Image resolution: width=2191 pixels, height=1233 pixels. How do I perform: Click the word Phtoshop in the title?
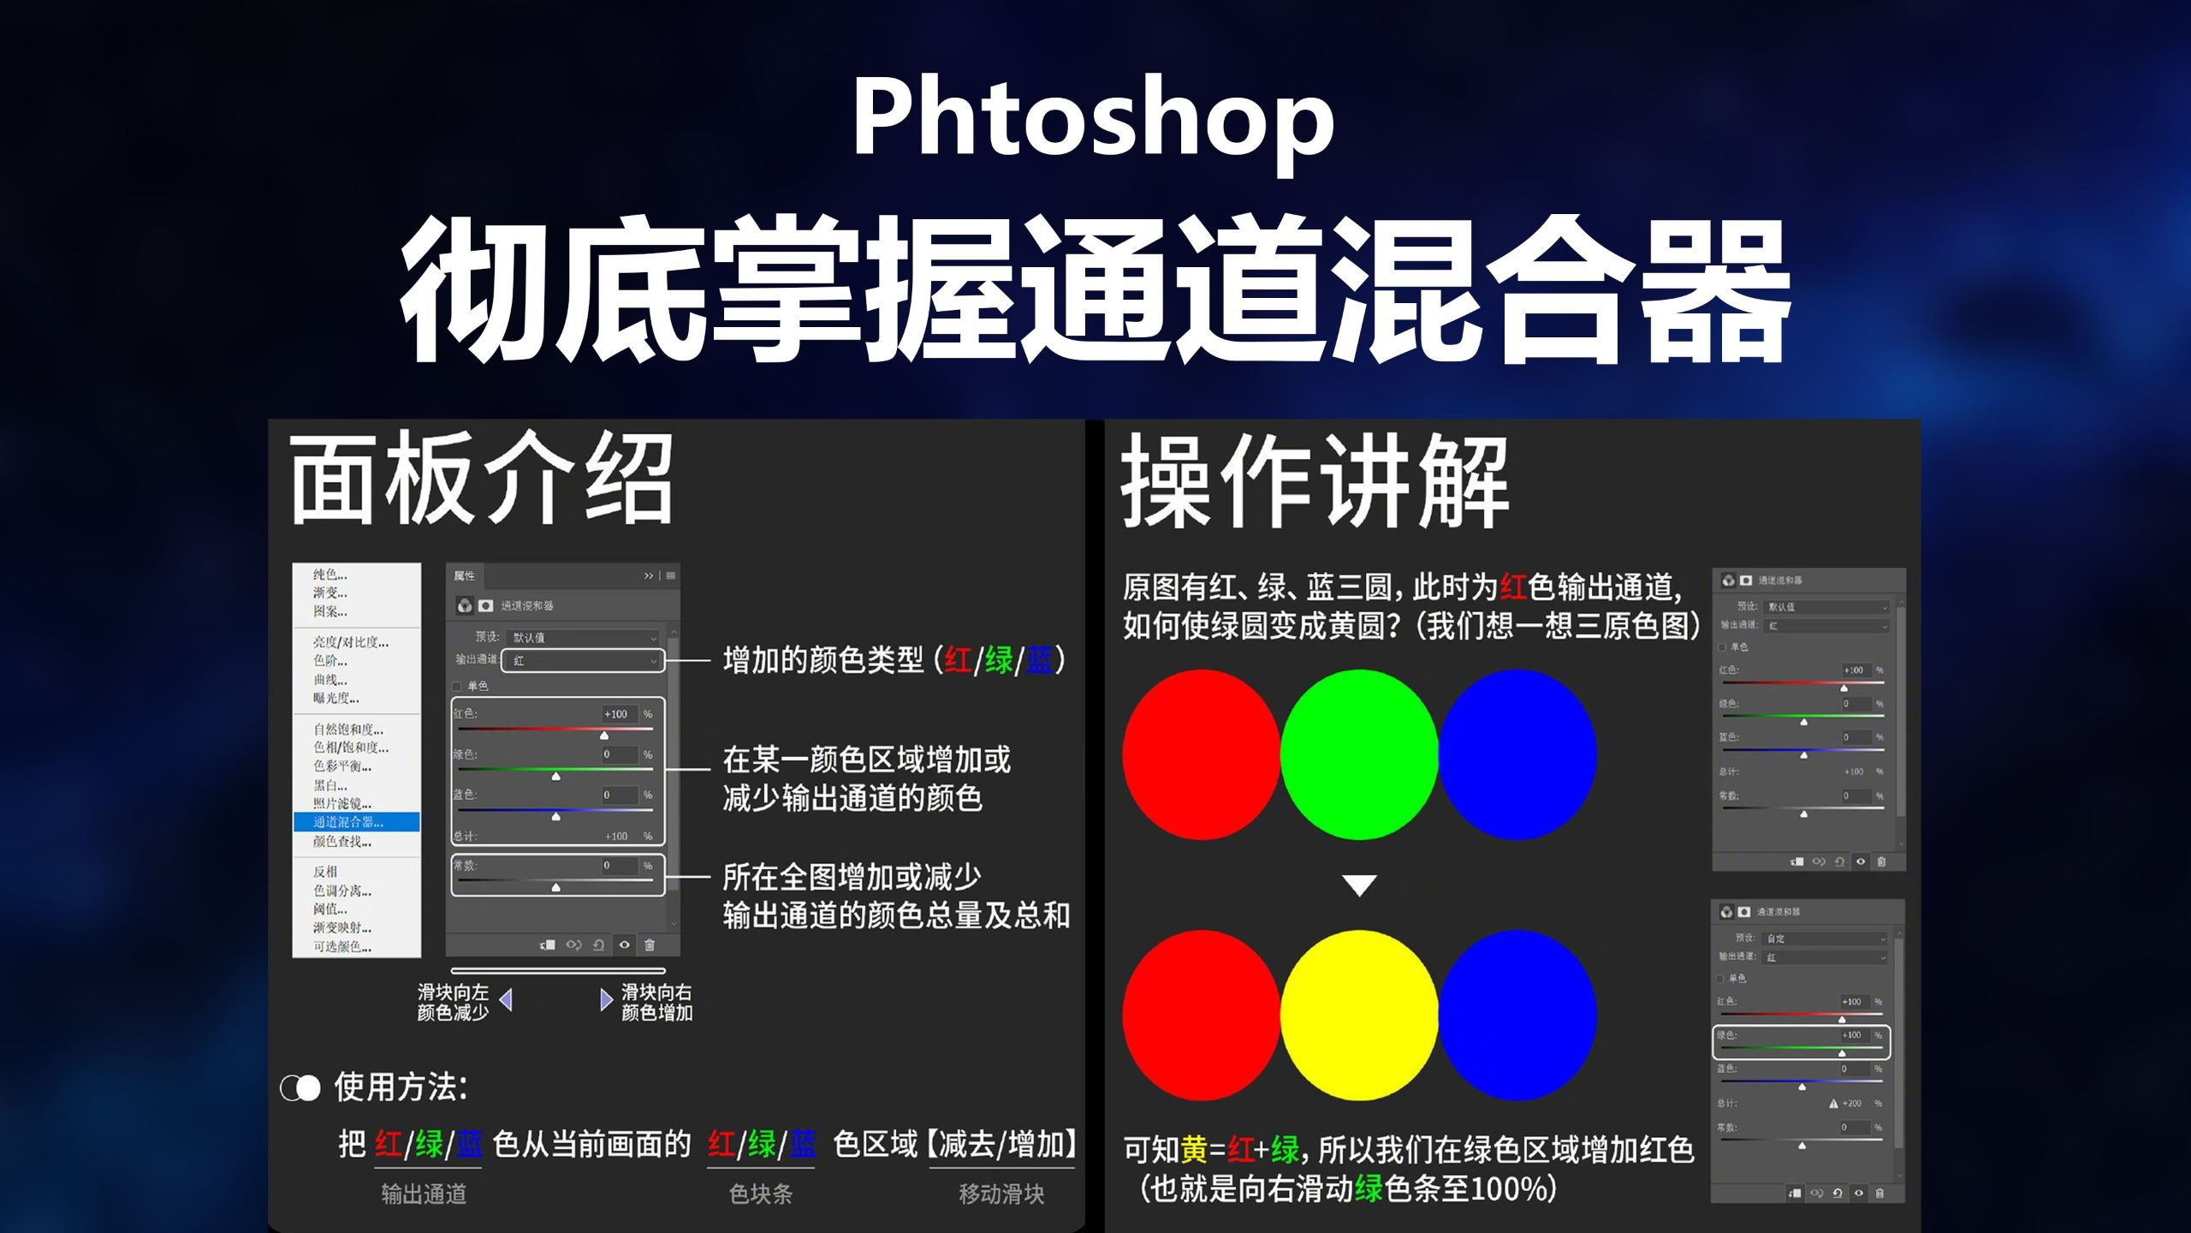tap(1093, 118)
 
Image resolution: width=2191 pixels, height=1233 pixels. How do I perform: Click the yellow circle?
tap(1359, 1015)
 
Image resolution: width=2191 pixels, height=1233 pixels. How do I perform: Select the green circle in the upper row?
tap(1359, 753)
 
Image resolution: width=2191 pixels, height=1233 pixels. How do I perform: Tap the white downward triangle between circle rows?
tap(1359, 885)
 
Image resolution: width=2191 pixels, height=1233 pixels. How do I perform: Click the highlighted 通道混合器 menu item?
tap(356, 822)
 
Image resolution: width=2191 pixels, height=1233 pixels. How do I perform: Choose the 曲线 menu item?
tap(330, 680)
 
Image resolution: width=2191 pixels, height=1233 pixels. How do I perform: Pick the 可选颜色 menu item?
tap(341, 946)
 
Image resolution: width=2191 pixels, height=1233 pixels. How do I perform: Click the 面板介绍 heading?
tap(482, 479)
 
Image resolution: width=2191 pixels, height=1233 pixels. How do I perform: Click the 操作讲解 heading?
tap(1315, 481)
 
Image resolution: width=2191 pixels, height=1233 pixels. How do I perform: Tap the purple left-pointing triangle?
tap(507, 999)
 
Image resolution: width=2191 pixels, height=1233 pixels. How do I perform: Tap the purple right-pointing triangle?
tap(606, 999)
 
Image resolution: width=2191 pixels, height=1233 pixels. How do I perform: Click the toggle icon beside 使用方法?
tap(300, 1088)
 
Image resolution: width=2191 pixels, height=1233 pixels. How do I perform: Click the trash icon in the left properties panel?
tap(650, 944)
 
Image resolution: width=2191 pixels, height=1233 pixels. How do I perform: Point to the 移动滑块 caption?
tap(1001, 1194)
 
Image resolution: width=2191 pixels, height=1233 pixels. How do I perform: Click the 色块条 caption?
tap(761, 1194)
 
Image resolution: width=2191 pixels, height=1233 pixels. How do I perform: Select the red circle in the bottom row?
tap(1202, 1015)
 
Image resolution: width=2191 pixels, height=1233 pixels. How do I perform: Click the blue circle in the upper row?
tap(1517, 753)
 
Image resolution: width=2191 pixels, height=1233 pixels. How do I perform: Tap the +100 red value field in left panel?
tap(617, 714)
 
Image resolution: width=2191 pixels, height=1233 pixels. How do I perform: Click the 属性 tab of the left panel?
tap(464, 575)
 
